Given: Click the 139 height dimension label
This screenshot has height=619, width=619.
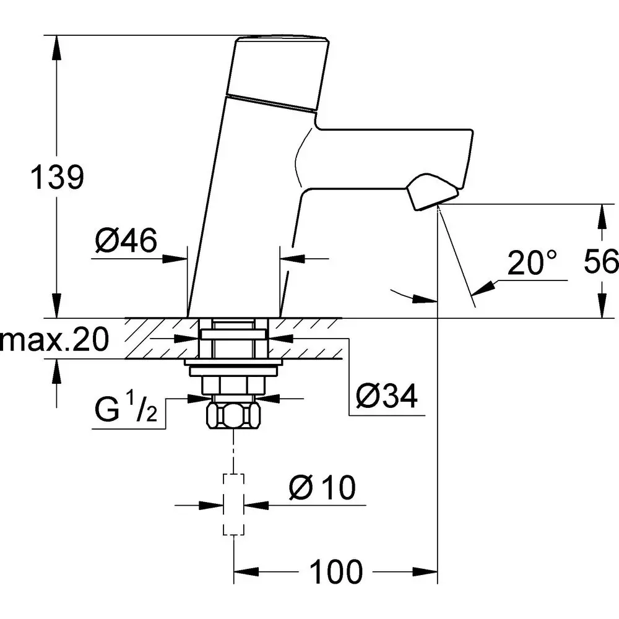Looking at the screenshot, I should click(x=57, y=178).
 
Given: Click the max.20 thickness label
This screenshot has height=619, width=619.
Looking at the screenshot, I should click(x=54, y=339).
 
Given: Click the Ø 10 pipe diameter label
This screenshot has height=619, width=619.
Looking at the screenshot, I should click(x=322, y=488).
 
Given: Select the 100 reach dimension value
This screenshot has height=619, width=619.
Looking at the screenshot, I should click(x=336, y=571).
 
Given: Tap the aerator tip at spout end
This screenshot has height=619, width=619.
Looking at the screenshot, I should click(x=431, y=193).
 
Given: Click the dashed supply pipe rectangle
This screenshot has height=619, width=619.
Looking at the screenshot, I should click(x=233, y=504).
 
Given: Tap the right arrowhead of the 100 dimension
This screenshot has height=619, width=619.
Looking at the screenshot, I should click(x=428, y=571).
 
